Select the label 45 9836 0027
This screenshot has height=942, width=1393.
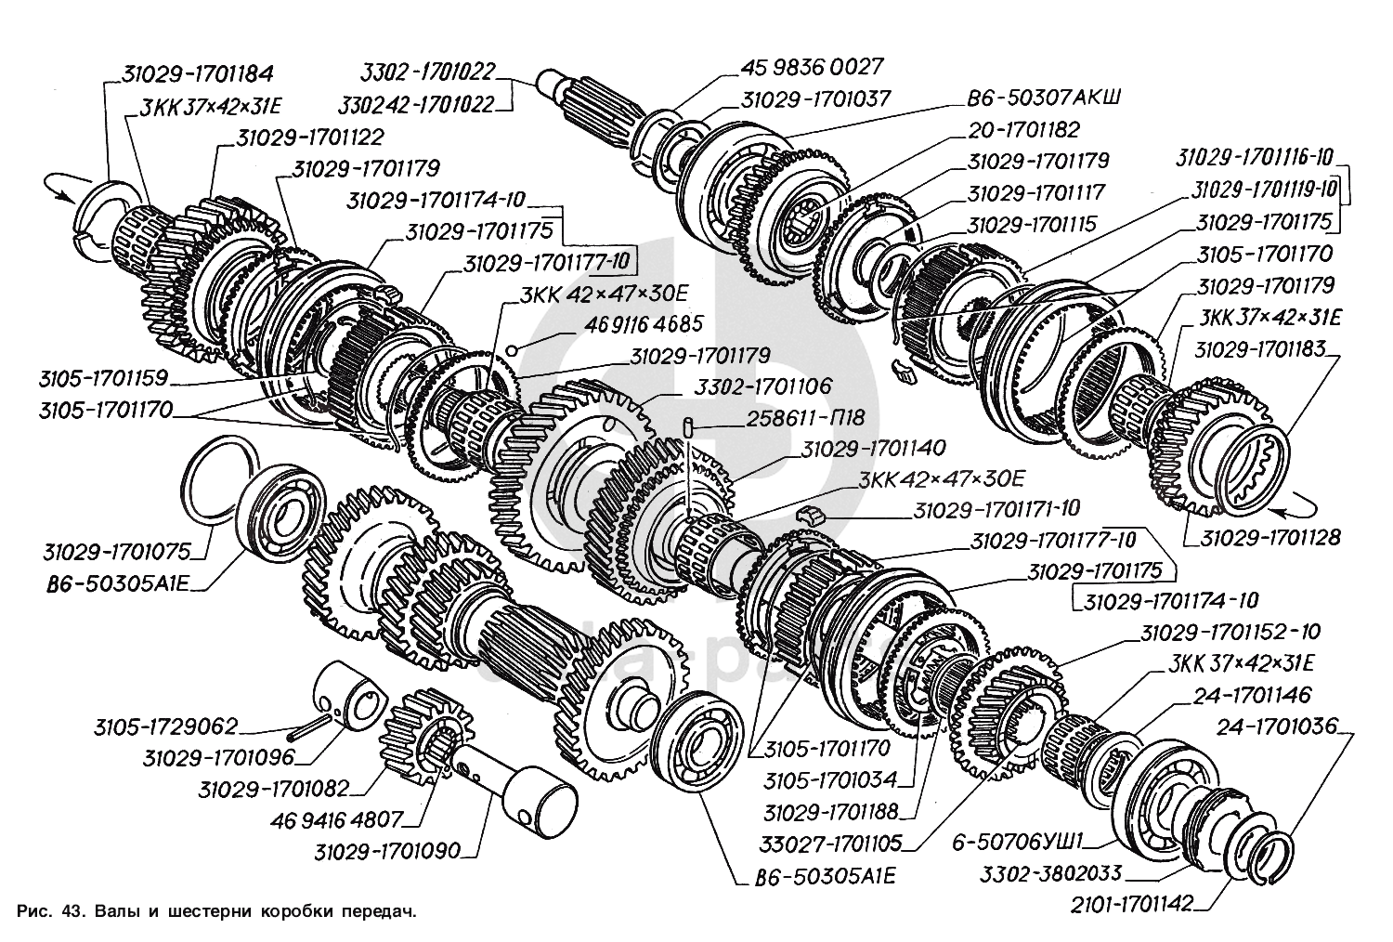[811, 67]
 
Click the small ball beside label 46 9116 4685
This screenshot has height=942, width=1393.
[511, 350]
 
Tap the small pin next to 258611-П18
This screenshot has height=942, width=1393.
[688, 427]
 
